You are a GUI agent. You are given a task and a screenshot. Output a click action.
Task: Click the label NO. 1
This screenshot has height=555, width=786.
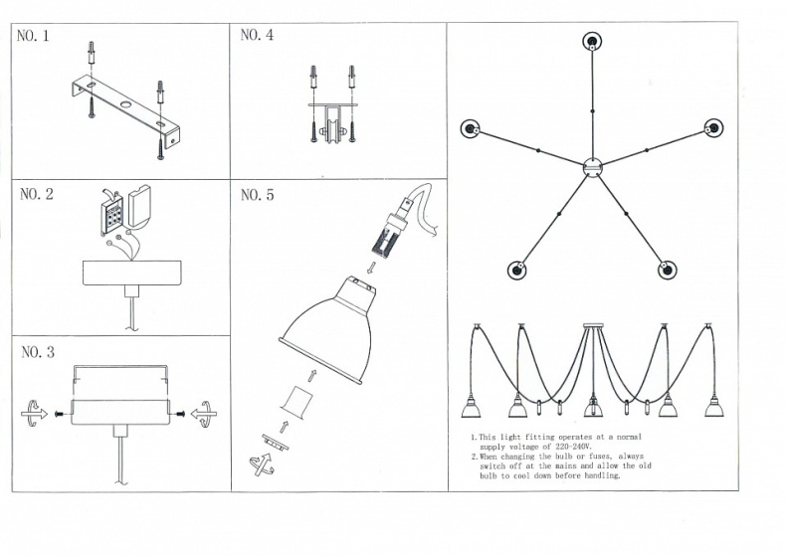coord(33,37)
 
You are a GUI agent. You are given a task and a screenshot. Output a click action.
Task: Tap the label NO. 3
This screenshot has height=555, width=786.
coord(37,352)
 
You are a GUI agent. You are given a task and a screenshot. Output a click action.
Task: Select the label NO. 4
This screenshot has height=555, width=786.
coord(257,36)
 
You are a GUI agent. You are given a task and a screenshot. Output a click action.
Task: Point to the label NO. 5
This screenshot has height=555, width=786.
coord(257,195)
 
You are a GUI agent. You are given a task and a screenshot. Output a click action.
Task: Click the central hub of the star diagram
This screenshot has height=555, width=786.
coord(592,167)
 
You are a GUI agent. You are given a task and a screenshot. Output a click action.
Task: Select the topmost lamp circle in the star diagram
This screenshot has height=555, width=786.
coord(592,42)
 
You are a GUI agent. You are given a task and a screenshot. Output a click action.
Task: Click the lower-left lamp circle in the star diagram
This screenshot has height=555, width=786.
coord(517,270)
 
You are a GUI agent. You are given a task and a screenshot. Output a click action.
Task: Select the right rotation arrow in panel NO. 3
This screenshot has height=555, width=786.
coord(205,414)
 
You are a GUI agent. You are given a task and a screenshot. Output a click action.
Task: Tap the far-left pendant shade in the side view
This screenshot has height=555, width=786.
coord(471,409)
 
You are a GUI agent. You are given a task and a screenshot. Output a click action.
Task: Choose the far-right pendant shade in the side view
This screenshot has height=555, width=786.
coord(712,409)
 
